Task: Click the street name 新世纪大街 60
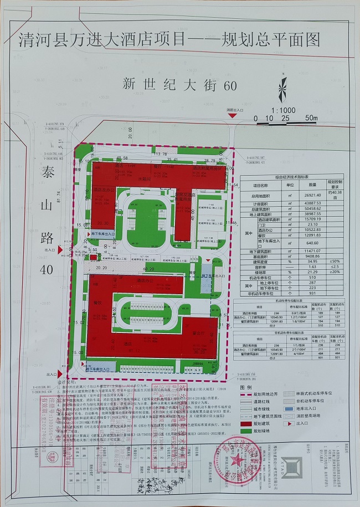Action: (x=179, y=85)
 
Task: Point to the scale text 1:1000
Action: (x=283, y=110)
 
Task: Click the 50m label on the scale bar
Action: (x=311, y=118)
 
